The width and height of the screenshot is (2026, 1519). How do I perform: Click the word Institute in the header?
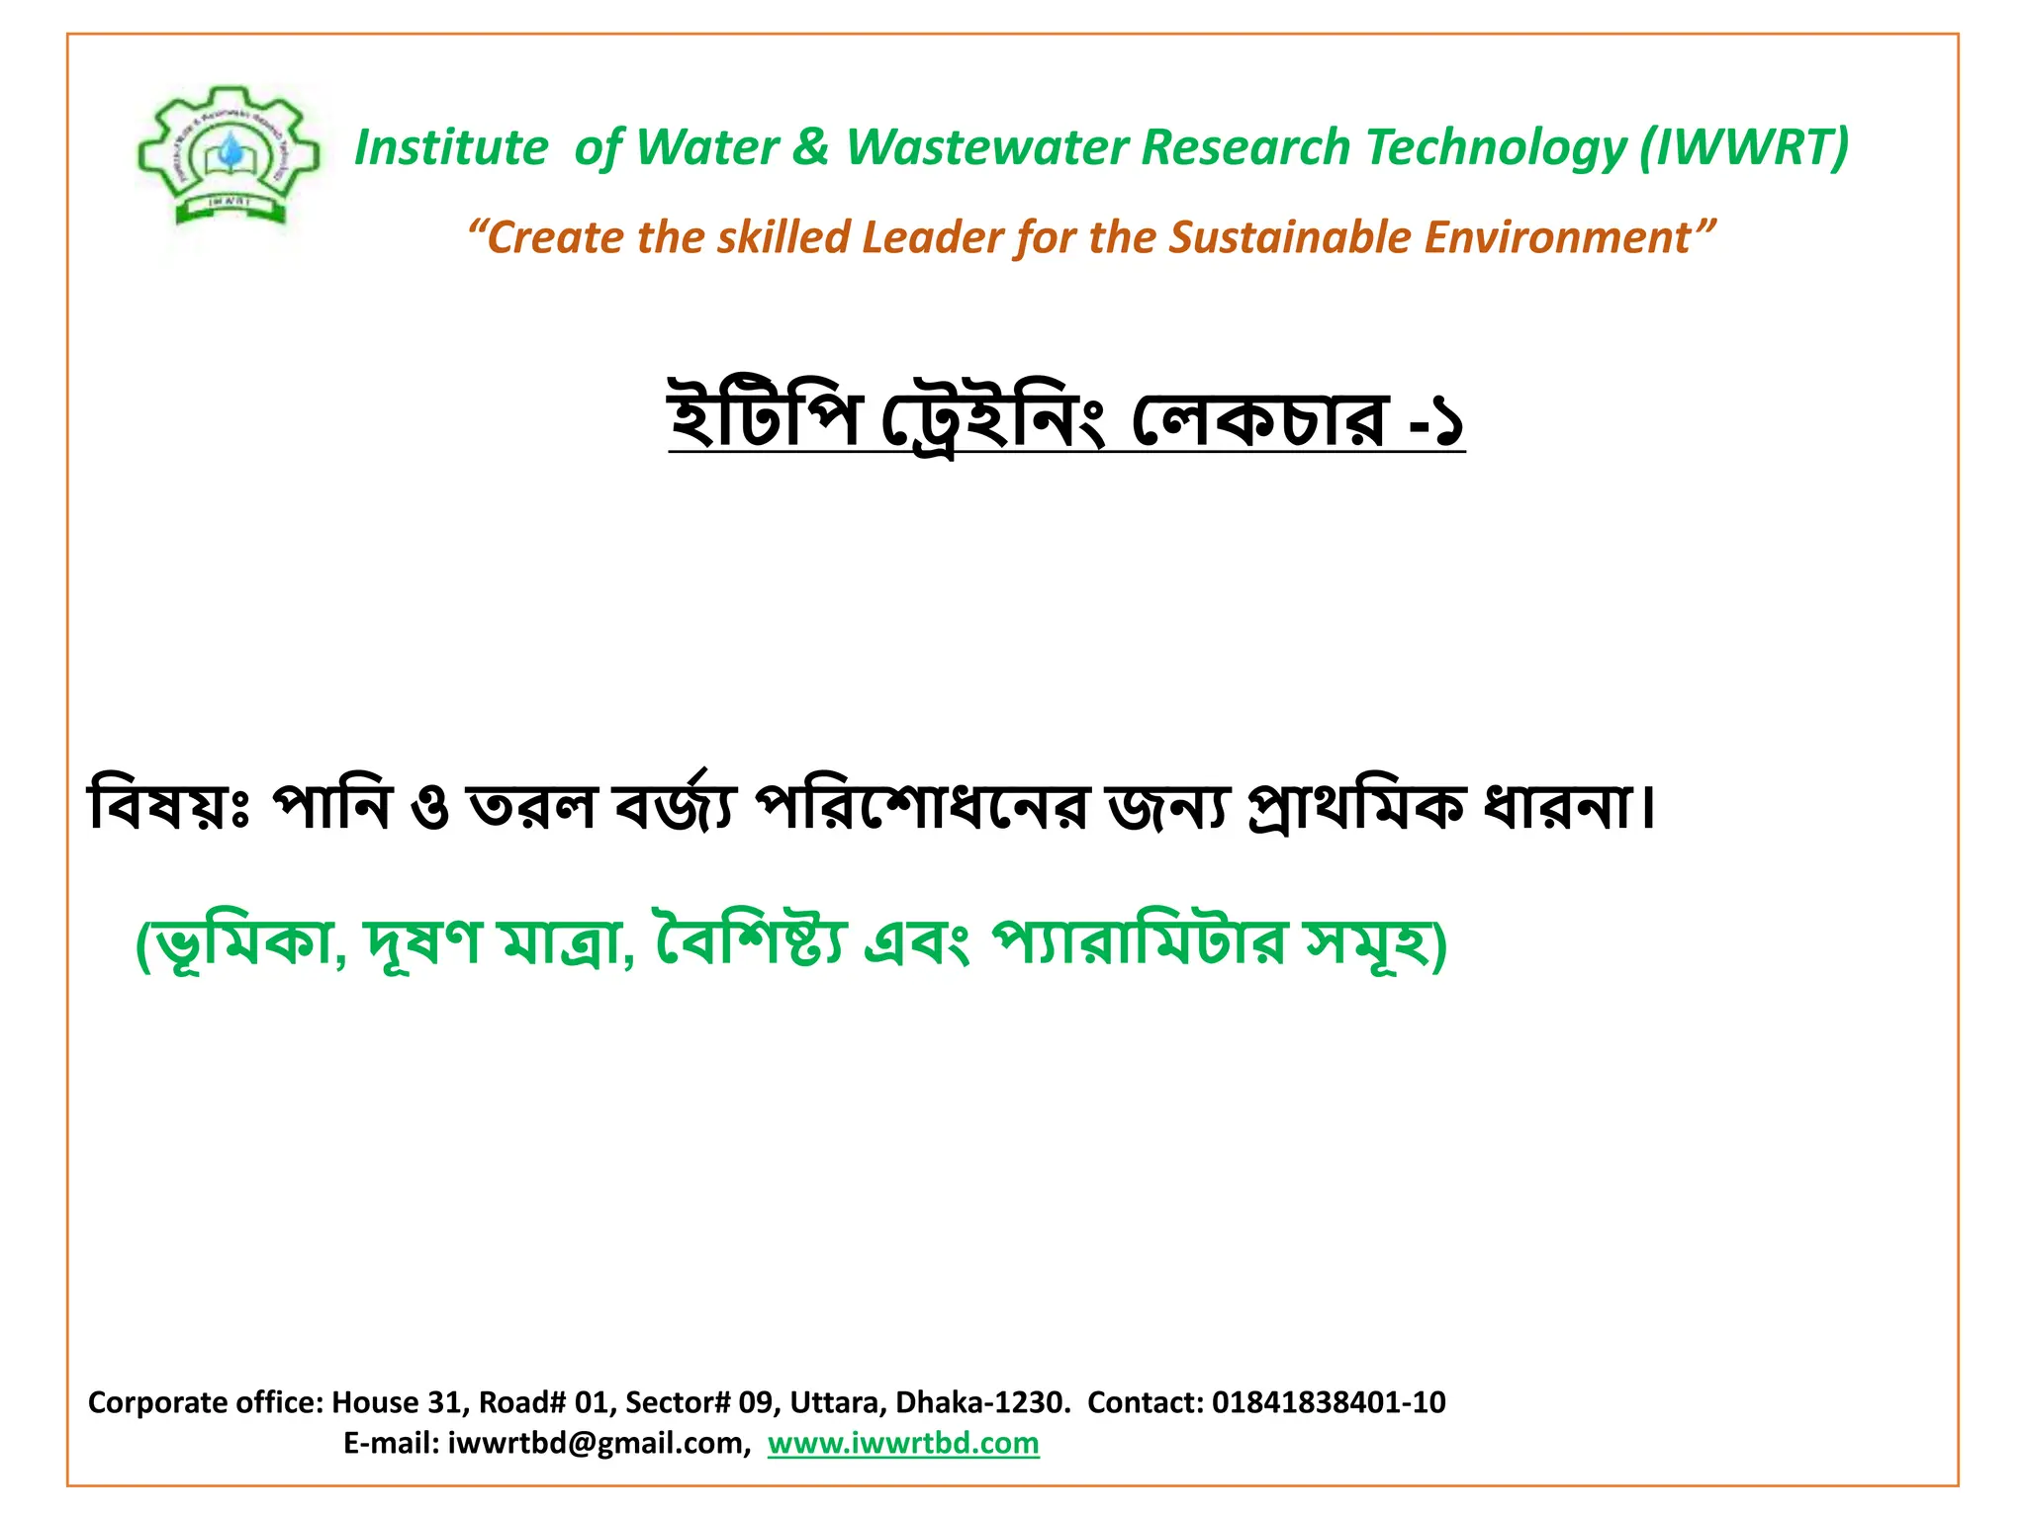click(x=450, y=147)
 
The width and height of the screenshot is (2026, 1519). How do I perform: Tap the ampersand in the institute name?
click(x=810, y=147)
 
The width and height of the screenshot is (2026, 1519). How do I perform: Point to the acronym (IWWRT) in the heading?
click(x=1744, y=147)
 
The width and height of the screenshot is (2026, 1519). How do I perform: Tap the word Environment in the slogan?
click(x=1557, y=237)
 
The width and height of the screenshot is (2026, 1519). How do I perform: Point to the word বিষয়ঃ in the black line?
click(x=169, y=806)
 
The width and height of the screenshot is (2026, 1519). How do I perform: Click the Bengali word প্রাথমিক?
click(x=1354, y=806)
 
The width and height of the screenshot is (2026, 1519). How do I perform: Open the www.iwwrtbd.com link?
click(x=903, y=1443)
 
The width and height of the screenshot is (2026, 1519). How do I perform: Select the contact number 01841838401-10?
click(x=1329, y=1401)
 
